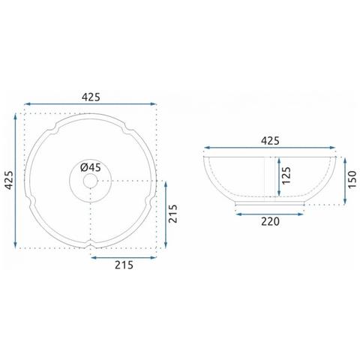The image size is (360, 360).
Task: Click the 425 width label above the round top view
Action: [x=91, y=97]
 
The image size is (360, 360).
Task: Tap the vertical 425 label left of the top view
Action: [x=9, y=180]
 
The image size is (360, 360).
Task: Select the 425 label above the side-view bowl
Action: [x=270, y=141]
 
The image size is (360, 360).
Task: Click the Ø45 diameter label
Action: [x=91, y=167]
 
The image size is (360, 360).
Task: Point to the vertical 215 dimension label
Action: [x=172, y=214]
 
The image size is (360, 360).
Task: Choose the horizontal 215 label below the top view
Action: [x=124, y=265]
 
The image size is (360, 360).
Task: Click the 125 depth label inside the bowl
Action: [x=286, y=175]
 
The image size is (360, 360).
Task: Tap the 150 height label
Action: [x=352, y=179]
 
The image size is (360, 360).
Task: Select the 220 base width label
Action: [x=270, y=221]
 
